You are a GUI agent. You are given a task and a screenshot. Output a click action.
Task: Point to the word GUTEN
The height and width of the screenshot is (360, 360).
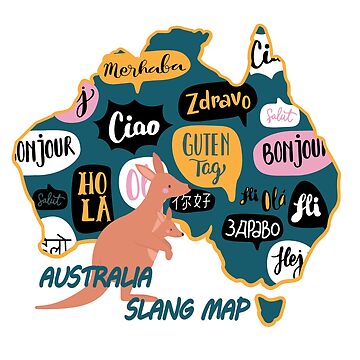pos(203,144)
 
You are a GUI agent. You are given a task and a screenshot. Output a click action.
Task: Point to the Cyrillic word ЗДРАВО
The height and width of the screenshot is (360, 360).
pos(253,227)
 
